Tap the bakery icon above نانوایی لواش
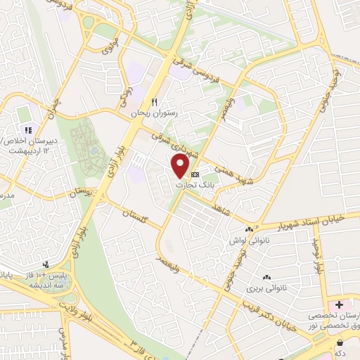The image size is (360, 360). (248, 229)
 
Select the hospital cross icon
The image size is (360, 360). (340, 304)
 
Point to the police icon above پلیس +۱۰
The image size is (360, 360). (46, 264)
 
